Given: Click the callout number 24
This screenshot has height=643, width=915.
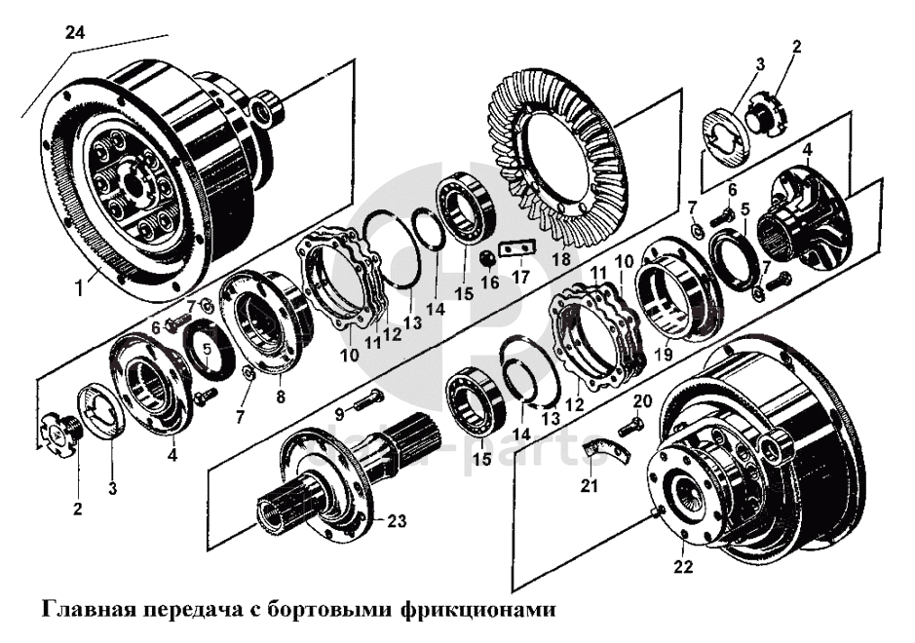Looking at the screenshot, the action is click(x=75, y=32).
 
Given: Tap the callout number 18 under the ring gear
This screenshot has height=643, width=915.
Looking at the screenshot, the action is click(x=562, y=259).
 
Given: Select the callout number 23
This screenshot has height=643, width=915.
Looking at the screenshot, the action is click(x=397, y=520).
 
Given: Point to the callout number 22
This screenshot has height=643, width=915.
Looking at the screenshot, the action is click(x=683, y=566).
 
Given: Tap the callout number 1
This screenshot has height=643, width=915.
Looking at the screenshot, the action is click(x=81, y=287).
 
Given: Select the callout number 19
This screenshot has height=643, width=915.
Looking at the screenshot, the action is click(x=664, y=354).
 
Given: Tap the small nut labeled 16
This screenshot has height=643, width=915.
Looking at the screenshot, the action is click(x=486, y=257).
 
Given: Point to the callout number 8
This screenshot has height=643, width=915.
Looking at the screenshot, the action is click(x=281, y=397).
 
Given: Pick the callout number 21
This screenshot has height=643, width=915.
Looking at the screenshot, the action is click(x=590, y=485).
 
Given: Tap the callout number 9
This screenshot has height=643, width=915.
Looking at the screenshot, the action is click(x=340, y=415).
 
